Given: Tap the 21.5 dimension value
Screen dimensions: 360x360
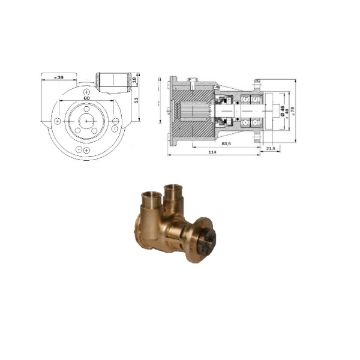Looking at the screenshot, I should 273,149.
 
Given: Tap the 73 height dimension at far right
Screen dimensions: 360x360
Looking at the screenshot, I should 298,110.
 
